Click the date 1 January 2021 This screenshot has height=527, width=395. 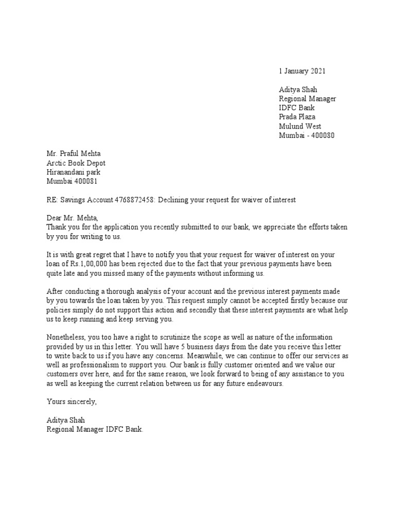[302, 71]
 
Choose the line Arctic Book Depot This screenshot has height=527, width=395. [76, 163]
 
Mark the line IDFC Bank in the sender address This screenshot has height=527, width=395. [297, 108]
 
